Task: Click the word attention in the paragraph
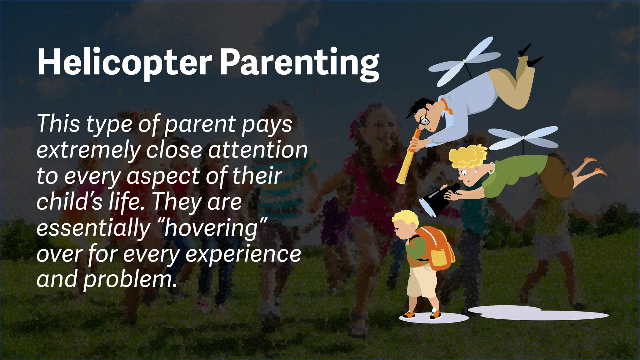click(258, 150)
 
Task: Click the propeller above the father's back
click(464, 61)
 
